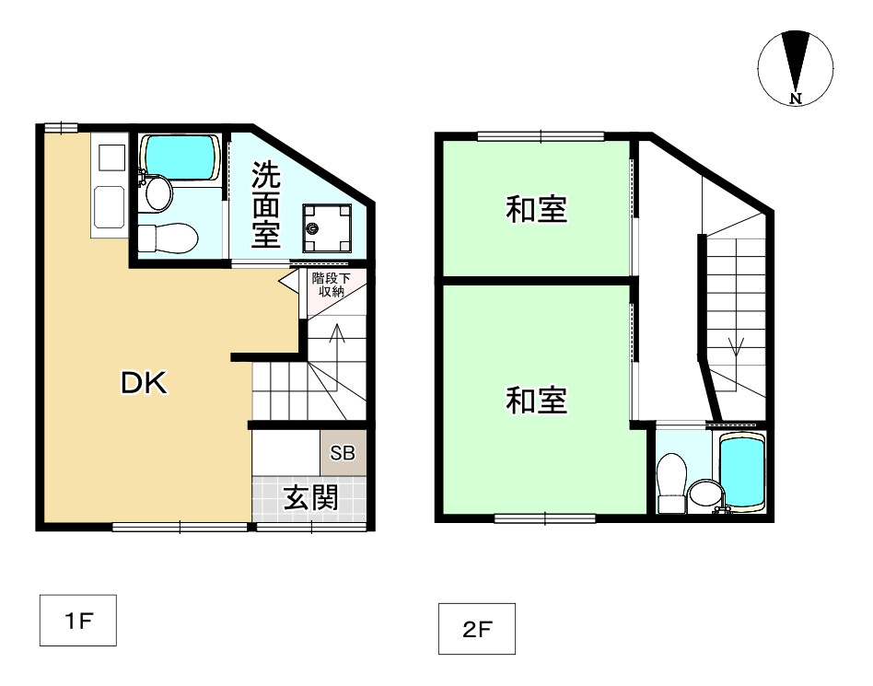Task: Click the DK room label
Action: (145, 383)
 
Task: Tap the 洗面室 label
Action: (265, 204)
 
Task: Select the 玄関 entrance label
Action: (311, 497)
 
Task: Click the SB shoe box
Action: (343, 453)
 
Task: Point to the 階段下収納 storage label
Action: (332, 284)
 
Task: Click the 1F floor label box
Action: (78, 621)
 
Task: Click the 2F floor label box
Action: (477, 629)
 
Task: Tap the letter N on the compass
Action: (797, 99)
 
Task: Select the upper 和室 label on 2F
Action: (536, 209)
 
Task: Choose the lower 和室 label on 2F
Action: (536, 400)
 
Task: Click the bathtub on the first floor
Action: (178, 157)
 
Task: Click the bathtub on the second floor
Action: (741, 471)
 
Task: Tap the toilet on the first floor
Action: (168, 238)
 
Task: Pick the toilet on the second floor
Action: (671, 483)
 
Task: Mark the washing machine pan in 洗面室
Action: (327, 228)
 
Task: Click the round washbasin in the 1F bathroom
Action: (158, 193)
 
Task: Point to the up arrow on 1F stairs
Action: (337, 357)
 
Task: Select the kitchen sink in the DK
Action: (109, 208)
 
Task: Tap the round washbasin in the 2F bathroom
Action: (704, 495)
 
